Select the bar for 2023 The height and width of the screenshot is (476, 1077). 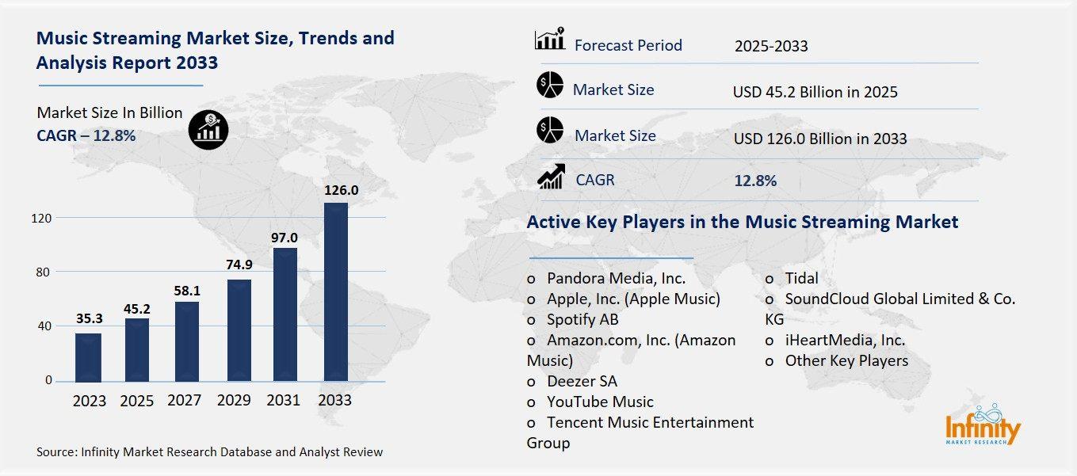pyautogui.click(x=88, y=357)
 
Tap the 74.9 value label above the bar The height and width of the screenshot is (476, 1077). pyautogui.click(x=235, y=265)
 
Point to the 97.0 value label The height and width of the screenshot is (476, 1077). pyautogui.click(x=284, y=238)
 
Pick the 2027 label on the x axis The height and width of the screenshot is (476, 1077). pyautogui.click(x=185, y=400)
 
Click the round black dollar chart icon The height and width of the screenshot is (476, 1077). pyautogui.click(x=208, y=128)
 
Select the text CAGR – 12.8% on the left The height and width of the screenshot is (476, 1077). pyautogui.click(x=86, y=135)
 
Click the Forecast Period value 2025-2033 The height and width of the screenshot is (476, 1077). pyautogui.click(x=770, y=46)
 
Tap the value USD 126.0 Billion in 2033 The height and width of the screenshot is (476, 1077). pyautogui.click(x=819, y=139)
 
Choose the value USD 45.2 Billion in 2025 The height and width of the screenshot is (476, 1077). pyautogui.click(x=815, y=92)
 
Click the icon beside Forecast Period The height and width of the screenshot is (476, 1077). pyautogui.click(x=549, y=39)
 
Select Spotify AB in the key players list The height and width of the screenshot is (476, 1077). pyautogui.click(x=582, y=319)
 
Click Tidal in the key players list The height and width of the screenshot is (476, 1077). pyautogui.click(x=801, y=278)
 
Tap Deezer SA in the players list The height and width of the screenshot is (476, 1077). pyautogui.click(x=582, y=381)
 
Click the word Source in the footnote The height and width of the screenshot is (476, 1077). pyautogui.click(x=55, y=452)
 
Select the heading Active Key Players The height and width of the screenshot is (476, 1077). pyautogui.click(x=742, y=222)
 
